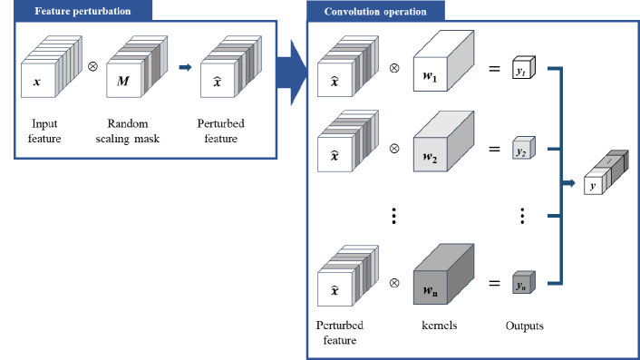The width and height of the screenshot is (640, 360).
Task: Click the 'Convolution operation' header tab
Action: [376, 12]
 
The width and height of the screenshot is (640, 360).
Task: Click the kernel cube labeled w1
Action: [443, 69]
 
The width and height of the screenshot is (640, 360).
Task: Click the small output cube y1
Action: [522, 70]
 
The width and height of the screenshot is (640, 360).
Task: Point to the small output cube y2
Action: [522, 150]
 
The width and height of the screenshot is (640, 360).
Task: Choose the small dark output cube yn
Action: [522, 282]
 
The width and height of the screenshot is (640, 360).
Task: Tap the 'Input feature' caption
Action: [45, 131]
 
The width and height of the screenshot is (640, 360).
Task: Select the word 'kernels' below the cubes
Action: [439, 325]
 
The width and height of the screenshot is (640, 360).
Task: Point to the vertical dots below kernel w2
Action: [393, 215]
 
